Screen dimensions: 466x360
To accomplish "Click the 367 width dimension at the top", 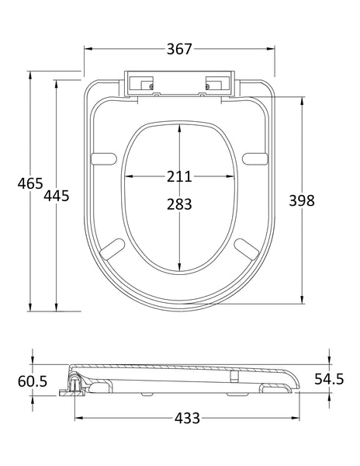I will tap(180, 49).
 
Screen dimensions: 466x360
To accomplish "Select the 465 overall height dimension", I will tap(29, 185).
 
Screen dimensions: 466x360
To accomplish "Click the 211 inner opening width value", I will tap(179, 176).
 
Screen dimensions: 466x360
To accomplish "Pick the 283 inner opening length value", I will tap(179, 204).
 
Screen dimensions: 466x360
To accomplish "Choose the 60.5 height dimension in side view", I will tap(32, 381).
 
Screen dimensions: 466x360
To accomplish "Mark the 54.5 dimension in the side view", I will tap(329, 380).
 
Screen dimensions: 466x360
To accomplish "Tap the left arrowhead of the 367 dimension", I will tap(88, 49).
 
